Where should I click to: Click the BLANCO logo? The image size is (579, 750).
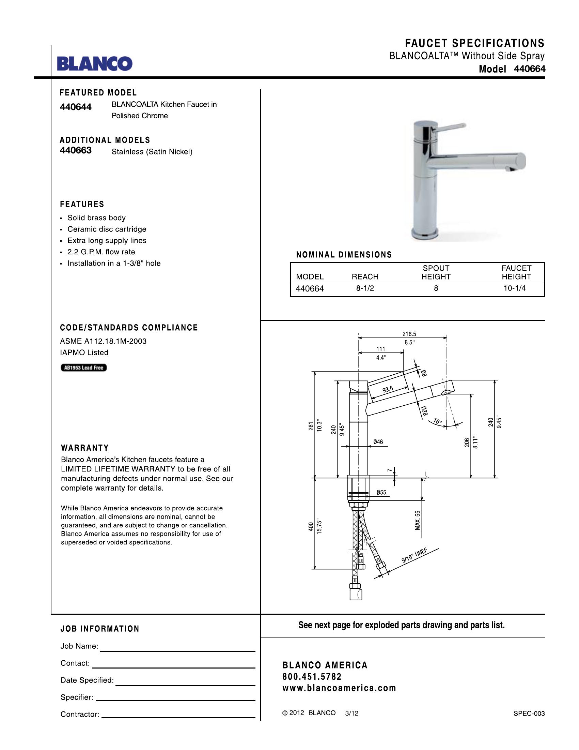pyautogui.click(x=94, y=63)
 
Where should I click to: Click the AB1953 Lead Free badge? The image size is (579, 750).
pyautogui.click(x=84, y=368)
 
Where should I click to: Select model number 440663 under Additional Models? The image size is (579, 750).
pyautogui.click(x=76, y=150)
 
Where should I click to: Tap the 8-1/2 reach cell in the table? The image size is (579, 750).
pyautogui.click(x=365, y=288)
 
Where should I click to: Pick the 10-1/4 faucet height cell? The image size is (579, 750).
pyautogui.click(x=515, y=288)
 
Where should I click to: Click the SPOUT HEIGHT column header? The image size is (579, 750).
pyautogui.click(x=436, y=272)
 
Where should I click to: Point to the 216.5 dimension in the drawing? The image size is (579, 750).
pyautogui.click(x=409, y=334)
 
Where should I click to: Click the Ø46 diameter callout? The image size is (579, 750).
pyautogui.click(x=378, y=442)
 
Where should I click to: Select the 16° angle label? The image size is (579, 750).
pyautogui.click(x=438, y=421)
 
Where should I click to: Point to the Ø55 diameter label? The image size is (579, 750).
pyautogui.click(x=381, y=493)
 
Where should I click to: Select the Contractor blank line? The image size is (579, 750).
pyautogui.click(x=178, y=718)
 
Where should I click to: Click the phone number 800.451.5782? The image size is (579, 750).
pyautogui.click(x=312, y=676)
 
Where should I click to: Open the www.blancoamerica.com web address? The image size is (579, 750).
pyautogui.click(x=339, y=688)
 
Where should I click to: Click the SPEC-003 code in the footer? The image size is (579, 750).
pyautogui.click(x=529, y=714)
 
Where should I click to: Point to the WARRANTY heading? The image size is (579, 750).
pyautogui.click(x=85, y=448)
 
